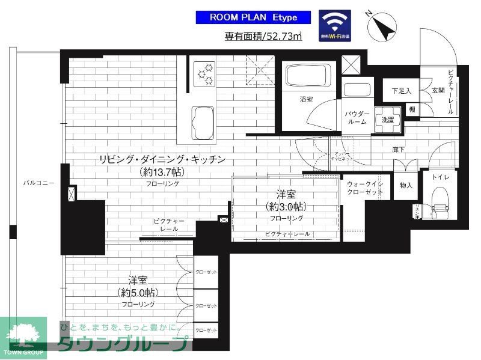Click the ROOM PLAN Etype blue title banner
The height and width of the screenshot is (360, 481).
tap(253, 17)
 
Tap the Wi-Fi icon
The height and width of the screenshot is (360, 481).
tap(335, 25)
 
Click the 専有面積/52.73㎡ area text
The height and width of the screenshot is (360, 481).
tap(263, 36)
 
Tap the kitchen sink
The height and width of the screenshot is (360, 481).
tap(203, 123)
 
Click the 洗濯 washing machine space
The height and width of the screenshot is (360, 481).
tap(387, 120)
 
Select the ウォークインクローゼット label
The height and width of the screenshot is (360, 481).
tap(365, 188)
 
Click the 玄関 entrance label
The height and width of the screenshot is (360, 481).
tap(437, 91)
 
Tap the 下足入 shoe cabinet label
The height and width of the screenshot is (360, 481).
tap(401, 91)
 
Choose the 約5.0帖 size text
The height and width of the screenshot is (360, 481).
tap(138, 293)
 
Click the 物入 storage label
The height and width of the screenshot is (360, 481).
tap(406, 186)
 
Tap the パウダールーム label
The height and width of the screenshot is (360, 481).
tap(357, 117)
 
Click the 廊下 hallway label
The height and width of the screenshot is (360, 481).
tap(398, 149)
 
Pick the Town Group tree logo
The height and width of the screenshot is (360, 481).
tap(23, 334)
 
